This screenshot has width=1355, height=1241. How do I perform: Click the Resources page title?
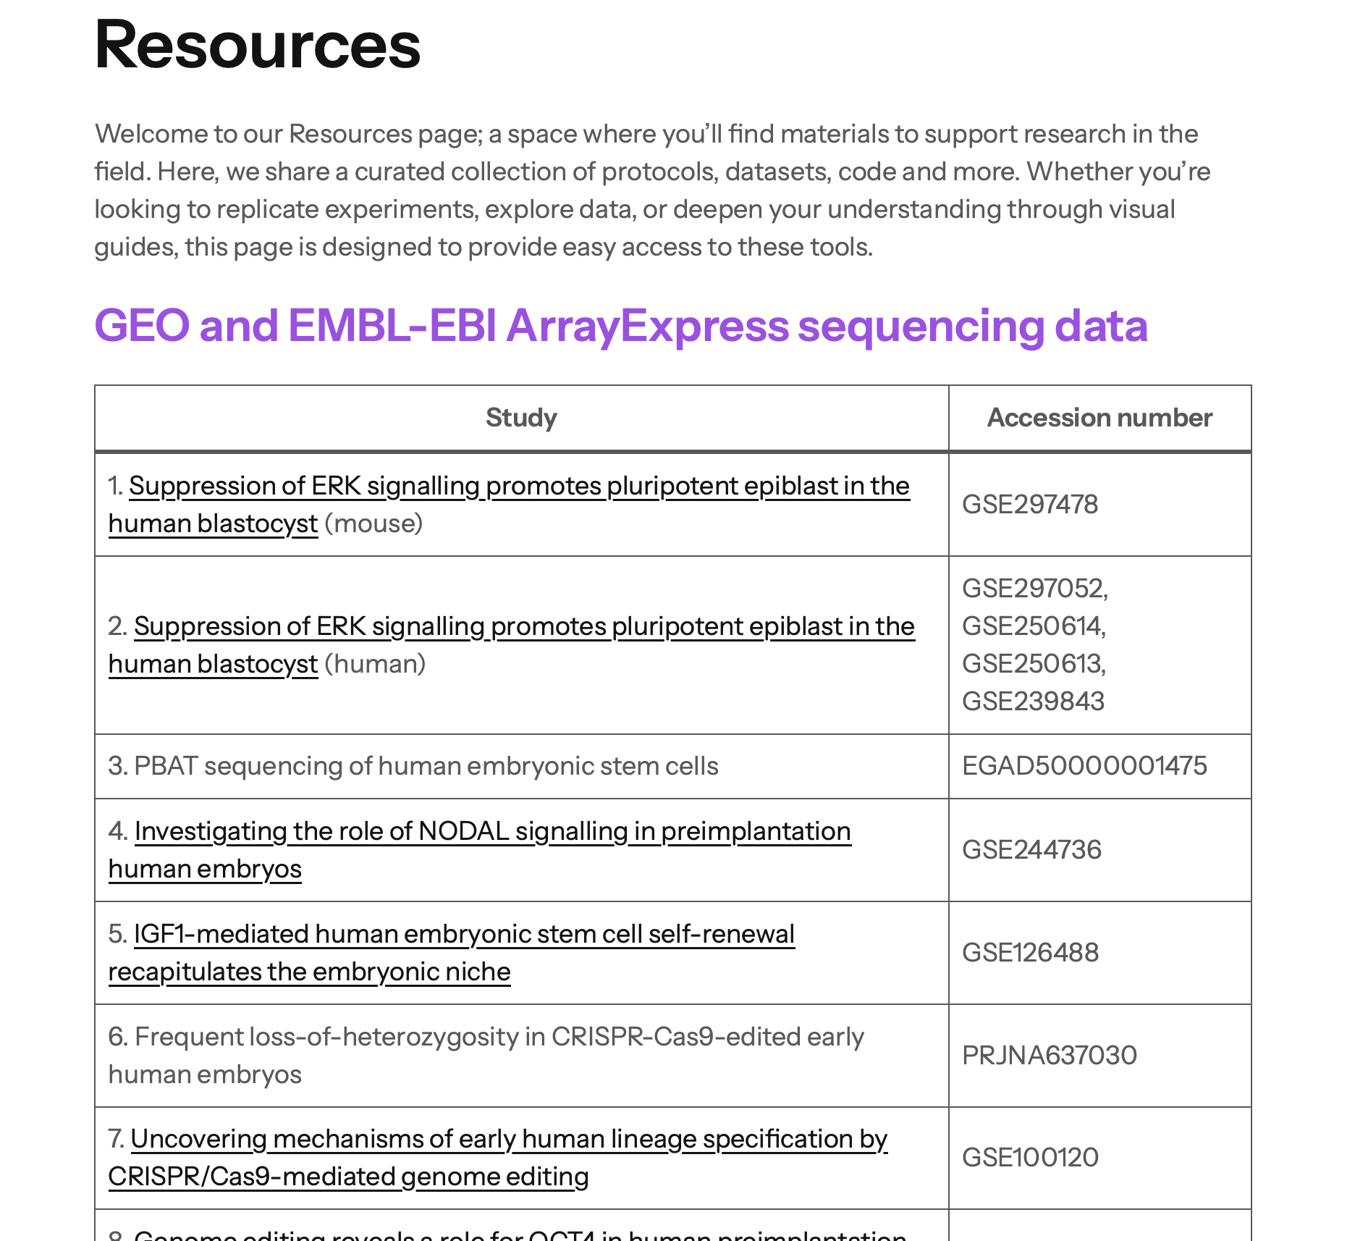click(257, 45)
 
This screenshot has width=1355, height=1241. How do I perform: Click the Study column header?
click(521, 418)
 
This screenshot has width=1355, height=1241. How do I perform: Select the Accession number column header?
click(1099, 418)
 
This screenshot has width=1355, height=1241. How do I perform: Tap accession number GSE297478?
click(1030, 505)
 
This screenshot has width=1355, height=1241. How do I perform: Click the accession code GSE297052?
click(1034, 589)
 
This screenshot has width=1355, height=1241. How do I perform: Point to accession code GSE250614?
click(1033, 626)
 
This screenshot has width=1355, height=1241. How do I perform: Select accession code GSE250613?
click(1033, 664)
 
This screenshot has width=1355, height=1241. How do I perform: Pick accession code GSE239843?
click(1033, 702)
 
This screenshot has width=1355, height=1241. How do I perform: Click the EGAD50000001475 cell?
click(1084, 766)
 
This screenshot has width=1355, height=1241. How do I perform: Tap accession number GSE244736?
click(1031, 850)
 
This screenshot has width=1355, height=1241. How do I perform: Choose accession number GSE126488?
click(1030, 953)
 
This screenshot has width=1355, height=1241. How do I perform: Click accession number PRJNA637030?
click(1050, 1056)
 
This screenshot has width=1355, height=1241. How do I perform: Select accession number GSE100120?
click(1030, 1158)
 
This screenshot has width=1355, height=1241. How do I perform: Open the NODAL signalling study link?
click(492, 832)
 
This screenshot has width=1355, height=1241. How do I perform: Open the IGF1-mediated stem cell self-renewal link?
click(463, 935)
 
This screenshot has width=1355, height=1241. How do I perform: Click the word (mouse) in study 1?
click(373, 523)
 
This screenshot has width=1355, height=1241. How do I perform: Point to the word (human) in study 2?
click(375, 664)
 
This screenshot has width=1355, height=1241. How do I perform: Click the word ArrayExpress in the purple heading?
click(646, 326)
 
